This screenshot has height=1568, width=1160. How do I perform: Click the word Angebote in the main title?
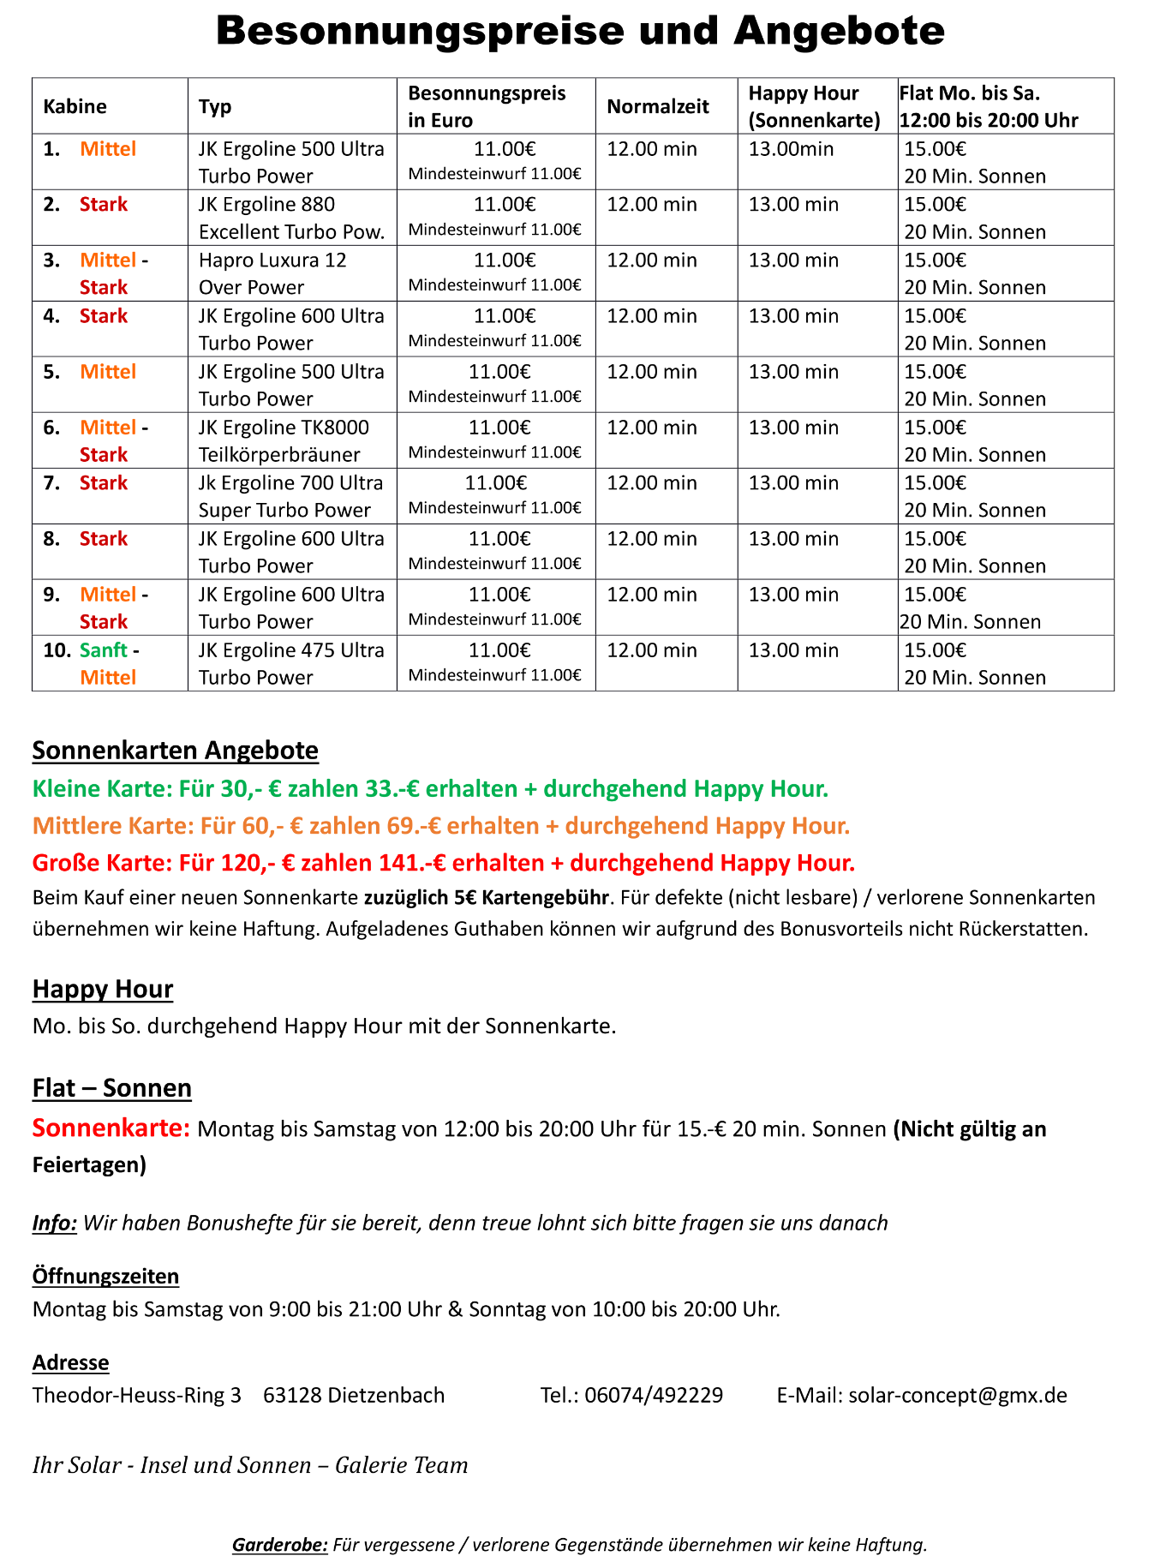839,31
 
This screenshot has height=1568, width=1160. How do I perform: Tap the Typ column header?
215,106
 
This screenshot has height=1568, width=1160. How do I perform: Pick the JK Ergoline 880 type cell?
291,218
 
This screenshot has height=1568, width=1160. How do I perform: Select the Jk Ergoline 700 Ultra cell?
290,496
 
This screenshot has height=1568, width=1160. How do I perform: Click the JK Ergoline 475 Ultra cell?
291,663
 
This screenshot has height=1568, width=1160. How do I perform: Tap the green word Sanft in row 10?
103,650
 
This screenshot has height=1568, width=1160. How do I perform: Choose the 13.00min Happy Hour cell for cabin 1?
791,149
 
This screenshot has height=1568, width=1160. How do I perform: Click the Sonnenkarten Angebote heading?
175,751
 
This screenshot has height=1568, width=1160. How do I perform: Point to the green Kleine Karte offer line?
430,788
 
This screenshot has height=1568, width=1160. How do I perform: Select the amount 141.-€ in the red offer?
412,862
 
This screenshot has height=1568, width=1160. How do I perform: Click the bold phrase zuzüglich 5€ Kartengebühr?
486,898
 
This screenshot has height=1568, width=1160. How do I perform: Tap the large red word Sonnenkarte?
111,1128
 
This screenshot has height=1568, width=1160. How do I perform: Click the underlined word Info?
55,1223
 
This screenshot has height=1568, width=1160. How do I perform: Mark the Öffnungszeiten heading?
105,1276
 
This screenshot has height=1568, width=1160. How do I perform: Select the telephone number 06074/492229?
654,1395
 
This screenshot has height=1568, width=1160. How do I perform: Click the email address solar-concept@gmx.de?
957,1395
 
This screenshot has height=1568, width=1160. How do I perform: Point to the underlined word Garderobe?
279,1545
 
